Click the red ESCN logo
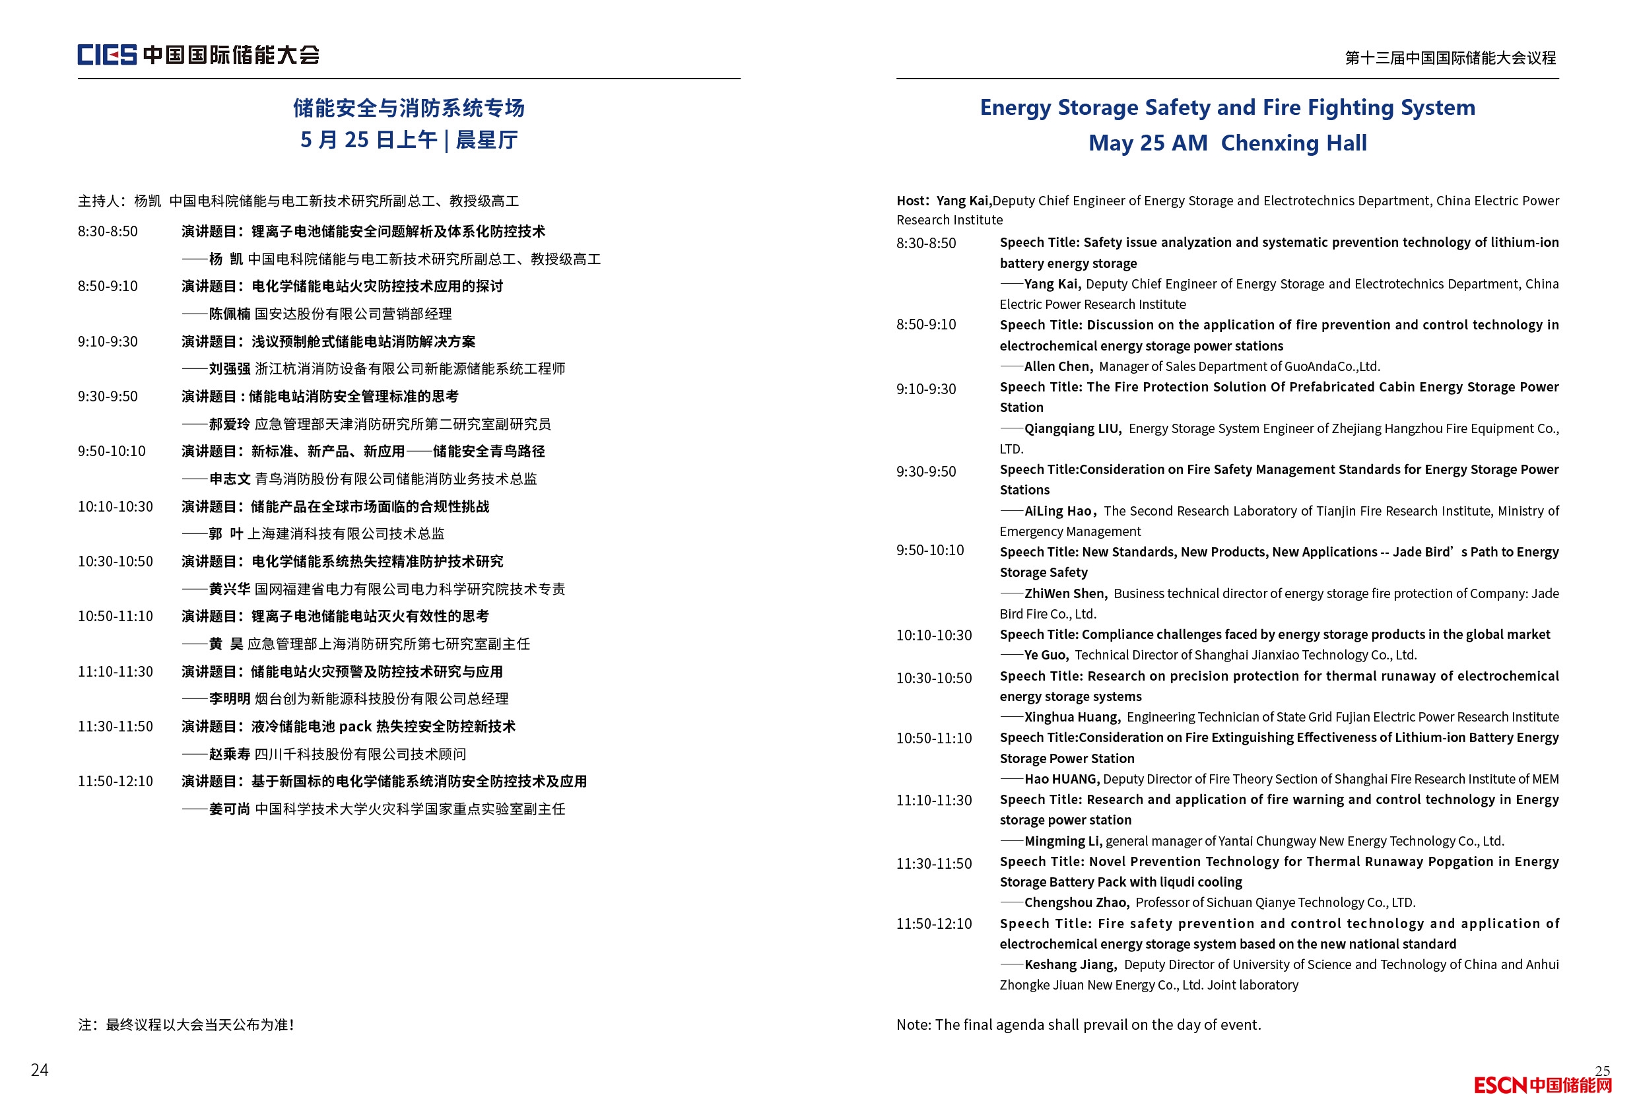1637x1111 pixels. pos(1542,1085)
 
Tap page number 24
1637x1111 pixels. pos(40,1069)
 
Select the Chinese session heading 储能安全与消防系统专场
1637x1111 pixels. pos(409,108)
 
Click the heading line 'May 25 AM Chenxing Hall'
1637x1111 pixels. pos(1227,143)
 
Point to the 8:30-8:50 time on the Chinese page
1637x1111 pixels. pos(108,232)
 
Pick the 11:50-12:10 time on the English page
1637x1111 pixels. pos(933,924)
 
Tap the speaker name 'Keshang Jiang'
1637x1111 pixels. pos(1069,964)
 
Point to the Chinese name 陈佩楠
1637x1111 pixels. pos(230,314)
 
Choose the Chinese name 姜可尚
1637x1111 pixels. pos(230,809)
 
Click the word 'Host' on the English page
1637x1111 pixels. pos(911,201)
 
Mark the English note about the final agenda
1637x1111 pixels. pos(1079,1025)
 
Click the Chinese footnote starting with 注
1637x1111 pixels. pos(186,1025)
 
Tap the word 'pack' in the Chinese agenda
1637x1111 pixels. pos(355,726)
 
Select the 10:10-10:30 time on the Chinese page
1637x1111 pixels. pos(115,506)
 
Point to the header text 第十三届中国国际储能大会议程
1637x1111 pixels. pos(1450,58)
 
